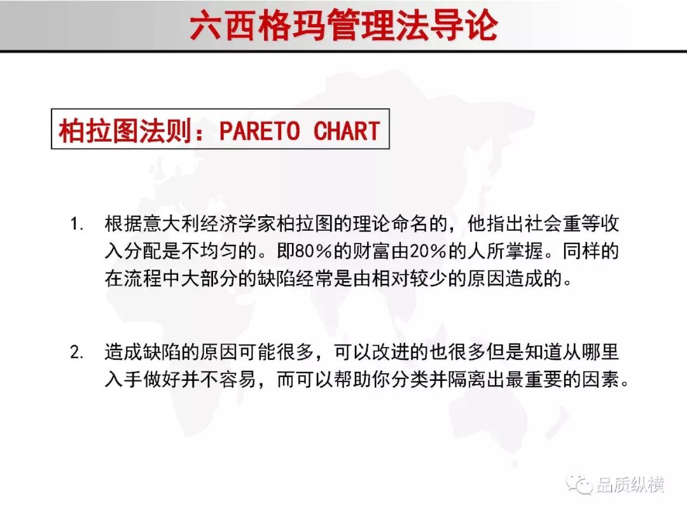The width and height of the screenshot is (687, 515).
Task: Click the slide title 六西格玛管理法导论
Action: [x=344, y=25]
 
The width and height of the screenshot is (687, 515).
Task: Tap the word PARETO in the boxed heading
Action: [x=260, y=130]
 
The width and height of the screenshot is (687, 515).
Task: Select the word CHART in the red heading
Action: [x=347, y=130]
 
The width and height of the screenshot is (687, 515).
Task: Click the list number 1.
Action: [x=77, y=224]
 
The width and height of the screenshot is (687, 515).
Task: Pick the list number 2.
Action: [x=77, y=352]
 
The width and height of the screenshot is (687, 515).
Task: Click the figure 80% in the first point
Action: [x=314, y=251]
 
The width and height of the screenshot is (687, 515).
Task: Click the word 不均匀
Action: [x=209, y=251]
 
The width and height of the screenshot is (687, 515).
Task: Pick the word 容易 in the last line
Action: [x=238, y=379]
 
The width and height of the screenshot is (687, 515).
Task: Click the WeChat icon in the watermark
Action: [x=579, y=484]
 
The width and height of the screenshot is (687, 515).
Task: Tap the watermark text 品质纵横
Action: [x=630, y=484]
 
